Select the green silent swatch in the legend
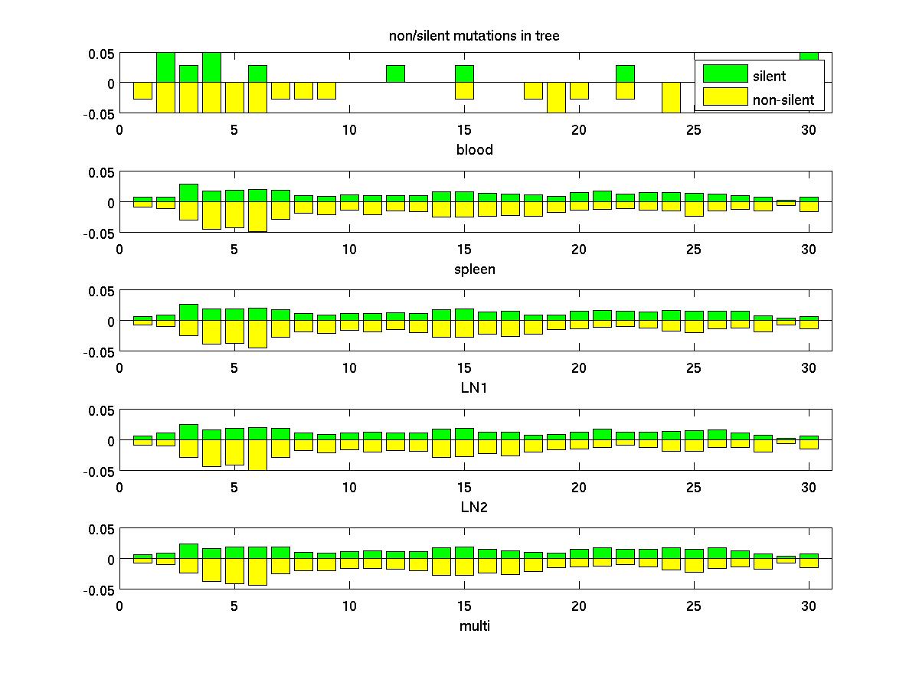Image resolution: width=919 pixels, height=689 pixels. point(724,73)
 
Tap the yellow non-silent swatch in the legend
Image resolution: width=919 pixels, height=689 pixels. point(724,96)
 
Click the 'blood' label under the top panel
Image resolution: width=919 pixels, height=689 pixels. point(475,150)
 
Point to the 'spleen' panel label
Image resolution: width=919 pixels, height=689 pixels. point(475,269)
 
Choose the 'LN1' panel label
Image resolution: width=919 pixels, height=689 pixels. point(475,388)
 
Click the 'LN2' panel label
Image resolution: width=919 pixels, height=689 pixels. point(475,507)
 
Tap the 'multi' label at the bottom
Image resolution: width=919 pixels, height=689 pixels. point(475,626)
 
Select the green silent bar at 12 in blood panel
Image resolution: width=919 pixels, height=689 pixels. point(395,74)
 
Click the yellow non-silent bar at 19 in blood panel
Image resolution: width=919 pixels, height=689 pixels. point(556,97)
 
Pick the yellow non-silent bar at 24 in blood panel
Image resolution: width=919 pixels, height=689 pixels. point(671,97)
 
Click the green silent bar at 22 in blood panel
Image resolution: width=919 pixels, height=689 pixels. point(625,74)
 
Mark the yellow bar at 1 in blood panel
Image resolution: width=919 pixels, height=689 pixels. point(142,90)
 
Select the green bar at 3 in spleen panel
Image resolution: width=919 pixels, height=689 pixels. point(188,193)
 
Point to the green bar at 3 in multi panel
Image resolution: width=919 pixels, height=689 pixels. point(188,551)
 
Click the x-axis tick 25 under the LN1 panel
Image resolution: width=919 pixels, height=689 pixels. point(693,368)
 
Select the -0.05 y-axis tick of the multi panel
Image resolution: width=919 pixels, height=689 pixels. point(101,590)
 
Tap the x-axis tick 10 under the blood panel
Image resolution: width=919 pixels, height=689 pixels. point(349,130)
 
